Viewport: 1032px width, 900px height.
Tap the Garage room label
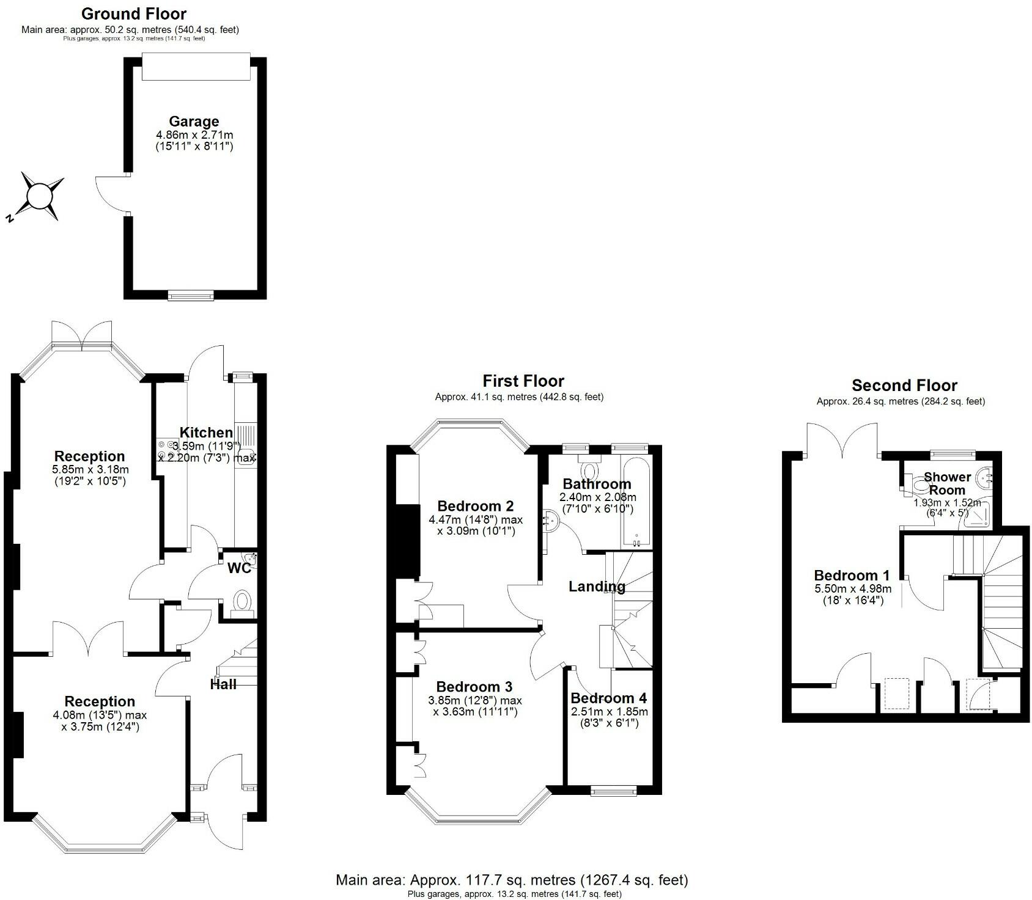click(194, 121)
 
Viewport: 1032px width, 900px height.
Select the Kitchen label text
click(206, 433)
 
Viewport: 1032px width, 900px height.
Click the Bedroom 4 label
click(608, 698)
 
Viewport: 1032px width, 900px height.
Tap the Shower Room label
click(947, 483)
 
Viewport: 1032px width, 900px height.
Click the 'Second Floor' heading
click(904, 386)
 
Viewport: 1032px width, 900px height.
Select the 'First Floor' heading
click(523, 381)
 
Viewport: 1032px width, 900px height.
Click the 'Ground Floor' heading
click(134, 13)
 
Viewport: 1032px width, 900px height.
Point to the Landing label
click(597, 587)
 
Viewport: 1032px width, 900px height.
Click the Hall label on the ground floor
click(223, 684)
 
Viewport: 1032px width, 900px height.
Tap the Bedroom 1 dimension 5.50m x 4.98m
click(852, 589)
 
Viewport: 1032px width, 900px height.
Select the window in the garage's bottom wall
click(191, 295)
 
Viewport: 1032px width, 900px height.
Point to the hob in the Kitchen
click(166, 450)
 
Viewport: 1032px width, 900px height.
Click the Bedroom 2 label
click(475, 506)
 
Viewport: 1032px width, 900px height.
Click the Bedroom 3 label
click(474, 687)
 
